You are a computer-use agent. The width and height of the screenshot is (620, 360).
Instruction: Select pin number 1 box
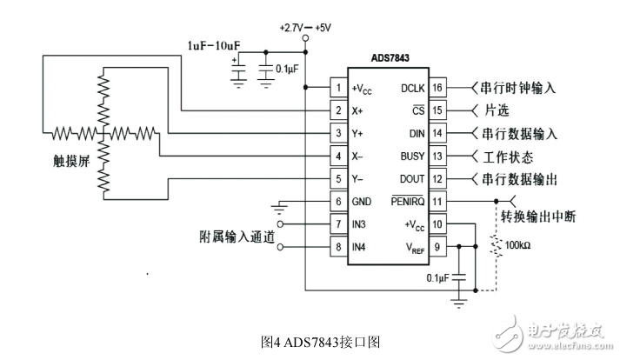coord(337,88)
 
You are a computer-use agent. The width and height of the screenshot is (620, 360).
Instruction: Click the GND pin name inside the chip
coord(362,202)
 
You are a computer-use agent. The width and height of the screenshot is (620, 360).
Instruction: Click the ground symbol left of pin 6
coord(279,207)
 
